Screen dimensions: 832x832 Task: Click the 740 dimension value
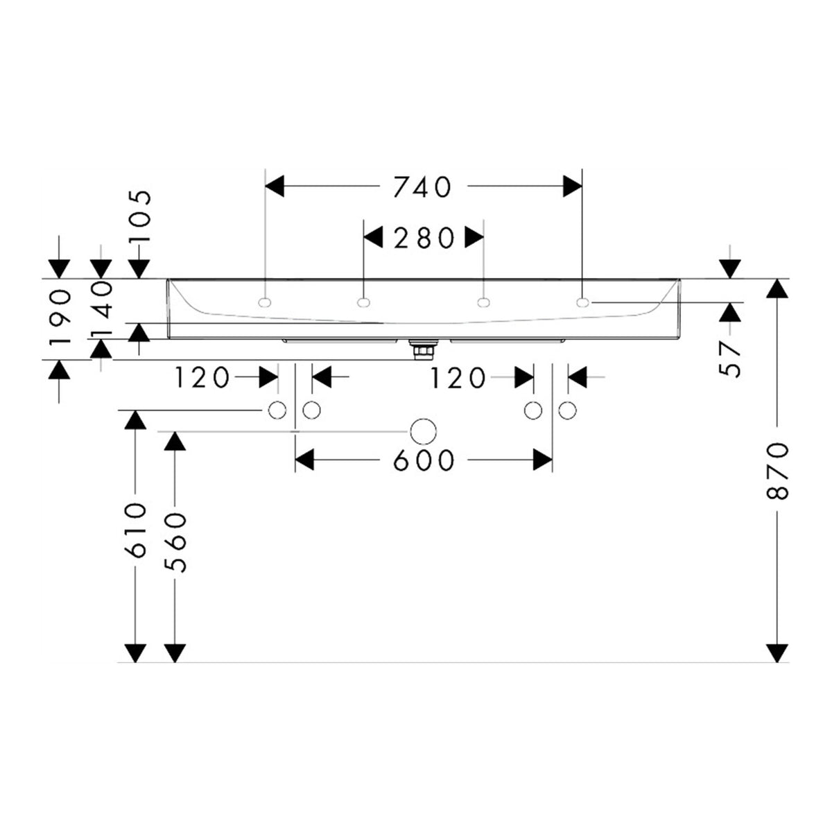(422, 187)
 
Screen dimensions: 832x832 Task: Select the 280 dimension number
(424, 238)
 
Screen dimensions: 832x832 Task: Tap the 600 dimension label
(424, 460)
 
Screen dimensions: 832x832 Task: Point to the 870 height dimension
(777, 471)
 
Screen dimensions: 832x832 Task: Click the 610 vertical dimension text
(136, 530)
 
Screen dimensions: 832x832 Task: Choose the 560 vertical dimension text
(175, 542)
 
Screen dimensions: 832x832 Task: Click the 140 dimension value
(101, 308)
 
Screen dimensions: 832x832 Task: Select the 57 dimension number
(729, 358)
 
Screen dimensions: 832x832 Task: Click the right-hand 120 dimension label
(458, 379)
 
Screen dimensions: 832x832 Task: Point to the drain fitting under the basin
(423, 349)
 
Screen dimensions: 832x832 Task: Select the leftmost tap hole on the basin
(265, 303)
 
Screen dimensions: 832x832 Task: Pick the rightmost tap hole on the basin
(582, 303)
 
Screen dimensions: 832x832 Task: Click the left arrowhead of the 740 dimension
(275, 186)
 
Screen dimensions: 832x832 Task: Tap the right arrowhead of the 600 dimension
(543, 460)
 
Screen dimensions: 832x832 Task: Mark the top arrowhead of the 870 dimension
(777, 288)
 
